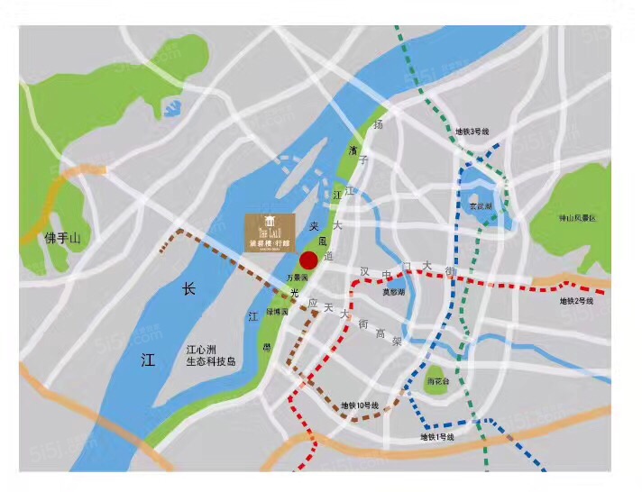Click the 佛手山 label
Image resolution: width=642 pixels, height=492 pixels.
(x=63, y=238)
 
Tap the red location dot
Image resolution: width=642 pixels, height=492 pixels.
(x=308, y=260)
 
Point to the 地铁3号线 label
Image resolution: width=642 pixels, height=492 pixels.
(x=472, y=132)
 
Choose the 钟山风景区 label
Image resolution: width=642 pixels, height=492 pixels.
(x=577, y=219)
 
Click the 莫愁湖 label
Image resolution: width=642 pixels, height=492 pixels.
(x=393, y=292)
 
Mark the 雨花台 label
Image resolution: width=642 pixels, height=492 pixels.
(x=436, y=380)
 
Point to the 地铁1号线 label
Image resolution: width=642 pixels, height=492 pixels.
(x=437, y=437)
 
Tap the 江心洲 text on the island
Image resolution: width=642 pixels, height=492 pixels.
(x=204, y=349)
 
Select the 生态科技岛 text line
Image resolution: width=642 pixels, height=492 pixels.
(x=210, y=361)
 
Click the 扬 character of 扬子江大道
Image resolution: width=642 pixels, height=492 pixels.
(x=379, y=123)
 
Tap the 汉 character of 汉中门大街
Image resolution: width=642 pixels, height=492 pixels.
(x=364, y=270)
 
